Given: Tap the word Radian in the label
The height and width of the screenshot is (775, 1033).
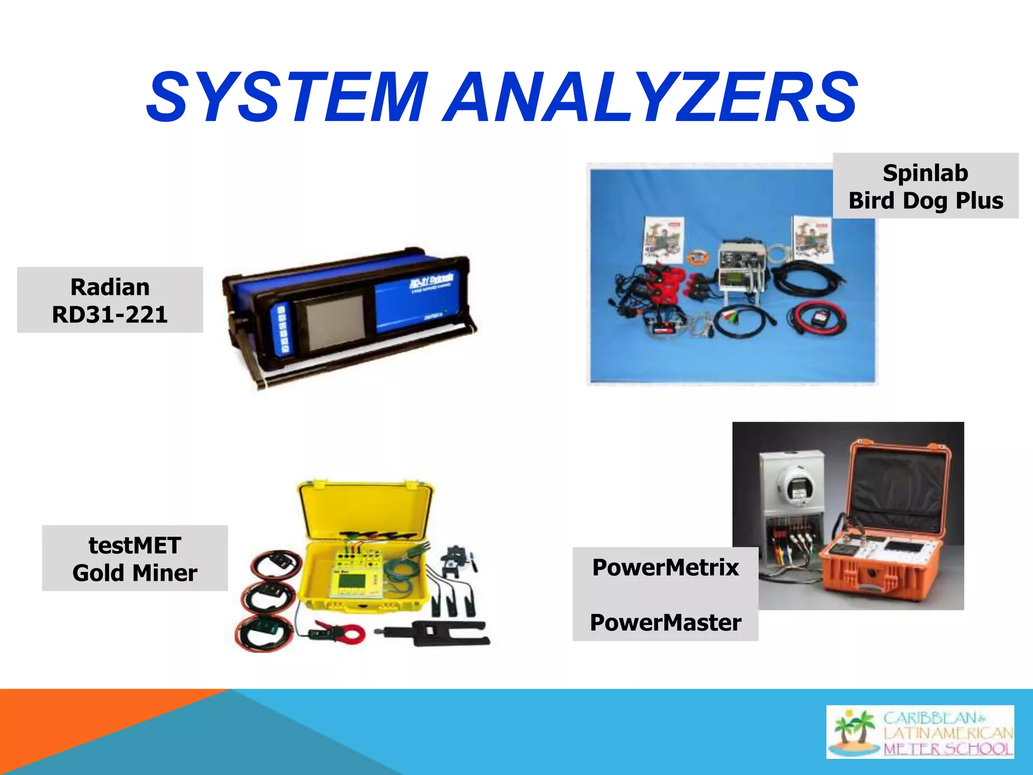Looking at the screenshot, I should pos(110,287).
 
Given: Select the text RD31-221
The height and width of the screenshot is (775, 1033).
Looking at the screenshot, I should pos(110,314).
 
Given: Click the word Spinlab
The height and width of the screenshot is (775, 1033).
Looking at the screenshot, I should pos(926,173).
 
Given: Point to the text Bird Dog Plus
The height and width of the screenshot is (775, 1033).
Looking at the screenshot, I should pos(926,200).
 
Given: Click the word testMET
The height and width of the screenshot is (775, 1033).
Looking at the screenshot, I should pos(135,545).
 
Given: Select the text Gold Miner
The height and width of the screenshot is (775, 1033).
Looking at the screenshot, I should pos(135,573).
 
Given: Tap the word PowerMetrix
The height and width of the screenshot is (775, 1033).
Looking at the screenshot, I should pos(665,567).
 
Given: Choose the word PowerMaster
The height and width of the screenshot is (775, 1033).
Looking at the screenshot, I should pos(665,622).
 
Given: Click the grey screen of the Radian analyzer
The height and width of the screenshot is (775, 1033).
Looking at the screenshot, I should pos(335,322).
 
